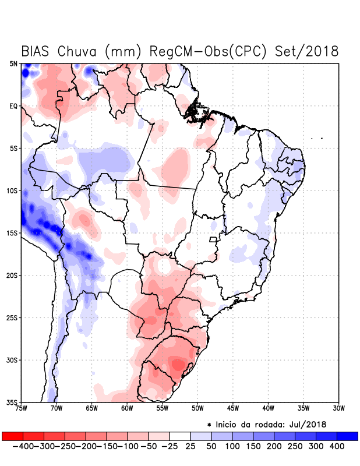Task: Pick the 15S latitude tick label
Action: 13,233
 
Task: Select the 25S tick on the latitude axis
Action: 13,318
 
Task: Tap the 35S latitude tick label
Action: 13,402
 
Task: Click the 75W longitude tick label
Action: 22,408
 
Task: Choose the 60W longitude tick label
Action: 127,408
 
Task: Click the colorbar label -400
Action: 23,446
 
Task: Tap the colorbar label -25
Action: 170,446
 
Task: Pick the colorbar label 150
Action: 252,446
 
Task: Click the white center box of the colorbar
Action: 180,436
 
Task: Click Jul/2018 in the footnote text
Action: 307,423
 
